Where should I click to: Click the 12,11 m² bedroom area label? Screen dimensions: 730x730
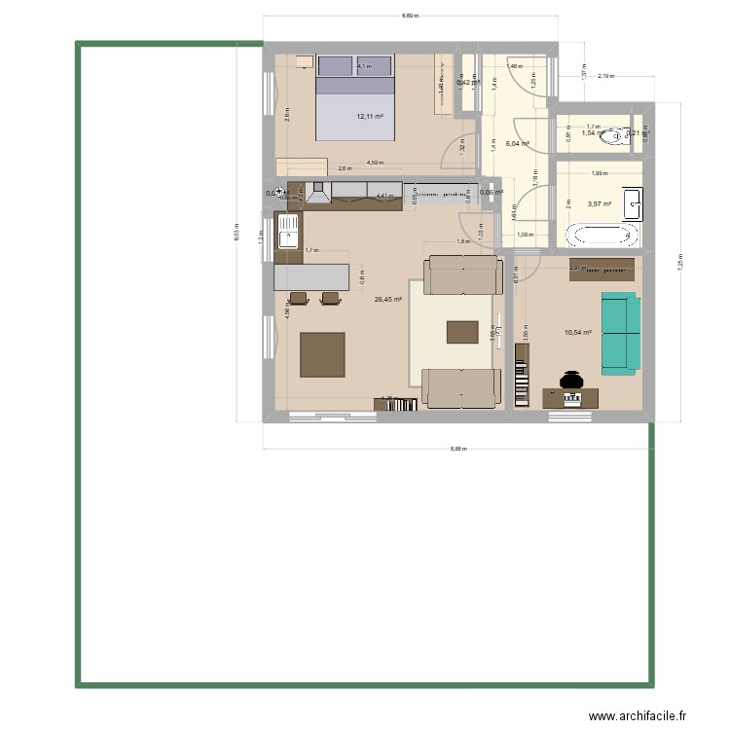(370, 117)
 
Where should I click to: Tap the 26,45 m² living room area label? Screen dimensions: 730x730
(388, 300)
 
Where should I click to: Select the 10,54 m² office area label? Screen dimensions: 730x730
(578, 332)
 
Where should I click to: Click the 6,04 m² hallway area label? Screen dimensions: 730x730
(517, 143)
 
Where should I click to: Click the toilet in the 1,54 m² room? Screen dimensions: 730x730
(613, 138)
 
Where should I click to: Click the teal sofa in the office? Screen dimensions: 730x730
(620, 334)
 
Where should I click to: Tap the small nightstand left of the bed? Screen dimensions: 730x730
(305, 62)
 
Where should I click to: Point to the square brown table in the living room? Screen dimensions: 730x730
(322, 354)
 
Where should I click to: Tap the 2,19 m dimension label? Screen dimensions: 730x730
(605, 76)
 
